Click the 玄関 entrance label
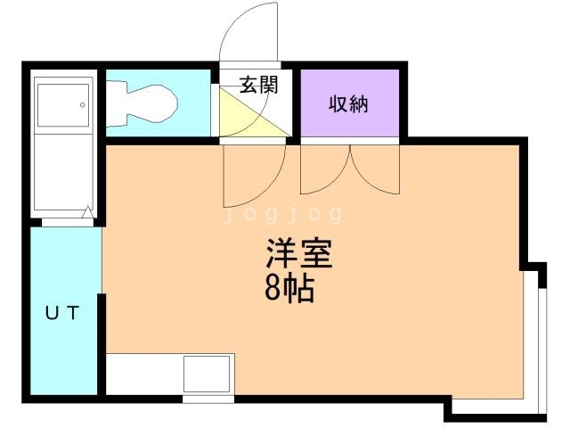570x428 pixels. pos(259,86)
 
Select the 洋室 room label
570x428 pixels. pos(298,256)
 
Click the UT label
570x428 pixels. pos(63,313)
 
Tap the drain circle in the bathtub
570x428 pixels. pos(82,105)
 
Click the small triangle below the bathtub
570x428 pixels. pos(87,213)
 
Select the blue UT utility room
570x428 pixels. pos(64,312)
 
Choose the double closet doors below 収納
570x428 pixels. pos(351,169)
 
